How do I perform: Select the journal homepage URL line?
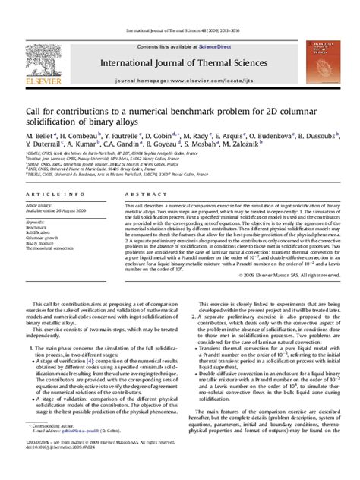(179, 79)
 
